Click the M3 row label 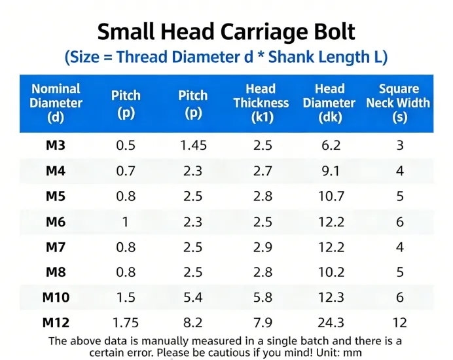[x=56, y=145]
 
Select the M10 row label [x=56, y=297]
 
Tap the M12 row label [x=56, y=322]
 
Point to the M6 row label [x=56, y=222]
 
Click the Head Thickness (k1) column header [x=261, y=103]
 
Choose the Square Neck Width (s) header [x=398, y=103]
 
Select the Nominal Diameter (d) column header [x=56, y=103]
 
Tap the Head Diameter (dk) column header [x=329, y=103]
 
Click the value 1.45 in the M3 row [x=193, y=145]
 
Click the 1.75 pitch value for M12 [x=126, y=322]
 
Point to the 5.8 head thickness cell [x=262, y=297]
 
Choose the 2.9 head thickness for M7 [x=262, y=247]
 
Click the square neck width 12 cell [x=399, y=322]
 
